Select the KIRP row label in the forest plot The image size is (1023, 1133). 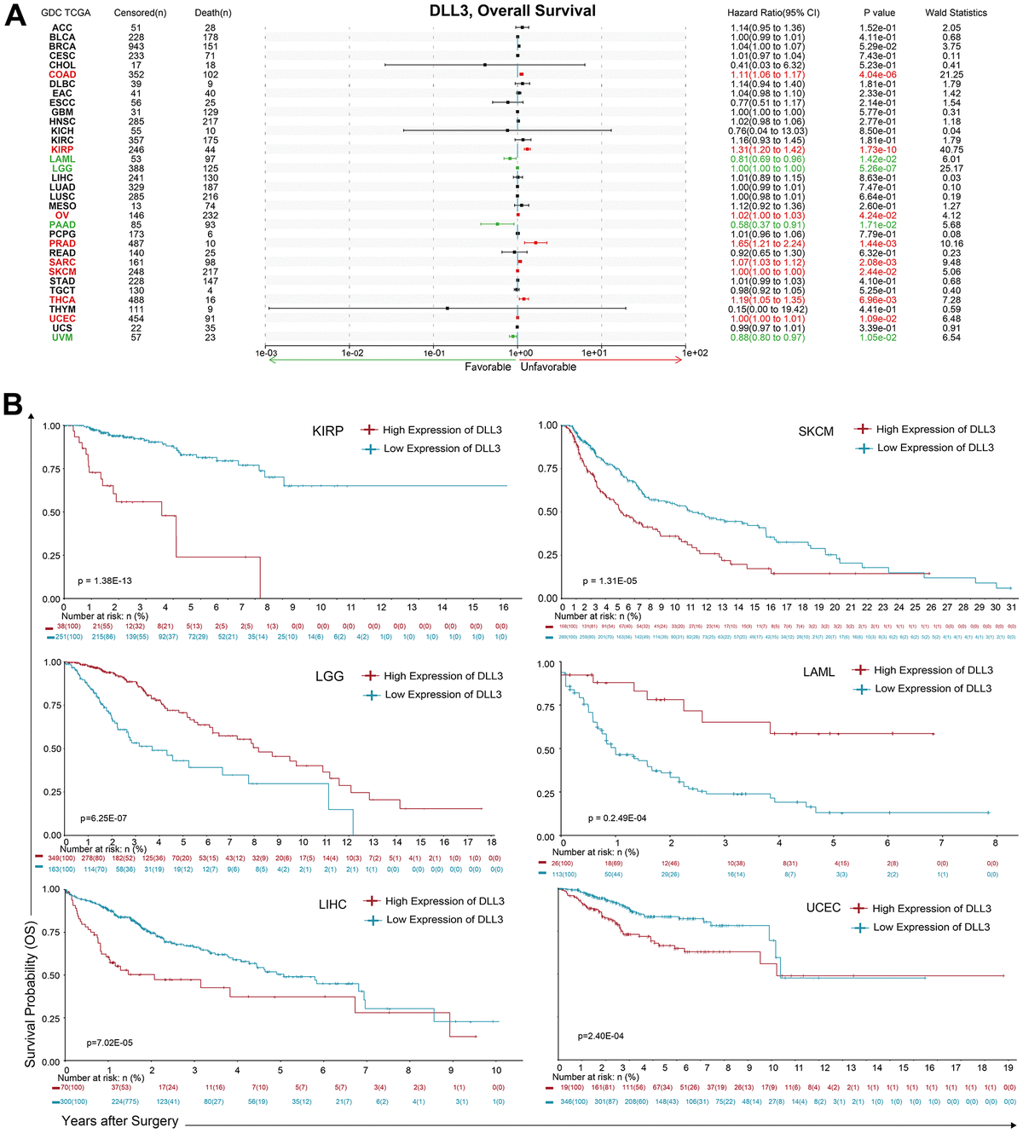[x=62, y=150]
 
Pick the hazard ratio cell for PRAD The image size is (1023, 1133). [x=768, y=244]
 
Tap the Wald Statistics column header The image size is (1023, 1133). [x=956, y=13]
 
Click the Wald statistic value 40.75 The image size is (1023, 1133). [x=951, y=150]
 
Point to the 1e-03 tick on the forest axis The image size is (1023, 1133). [x=266, y=353]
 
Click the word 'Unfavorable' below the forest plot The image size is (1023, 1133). [x=548, y=367]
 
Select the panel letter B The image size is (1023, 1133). [x=13, y=403]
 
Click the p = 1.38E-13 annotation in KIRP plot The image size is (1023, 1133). [x=102, y=581]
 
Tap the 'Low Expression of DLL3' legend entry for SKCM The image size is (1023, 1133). [x=935, y=448]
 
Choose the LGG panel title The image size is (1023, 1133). [x=329, y=676]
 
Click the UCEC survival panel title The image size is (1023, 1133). [x=824, y=909]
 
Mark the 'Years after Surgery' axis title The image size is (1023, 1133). [x=119, y=1121]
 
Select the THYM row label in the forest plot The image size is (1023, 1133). [x=62, y=309]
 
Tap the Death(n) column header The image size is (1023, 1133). [x=212, y=13]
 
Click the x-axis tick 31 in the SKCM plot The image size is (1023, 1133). [x=1010, y=608]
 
